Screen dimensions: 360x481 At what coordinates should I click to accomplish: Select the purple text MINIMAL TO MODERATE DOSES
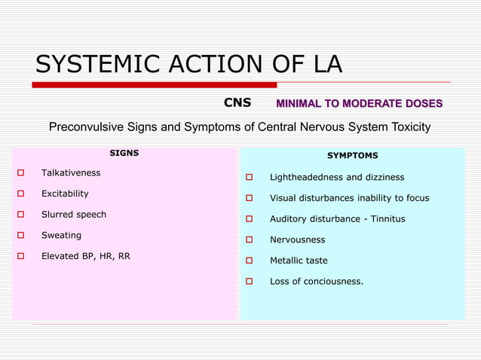(359, 103)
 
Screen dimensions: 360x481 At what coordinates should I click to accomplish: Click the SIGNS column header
(124, 153)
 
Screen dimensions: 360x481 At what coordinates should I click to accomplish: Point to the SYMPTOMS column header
(352, 155)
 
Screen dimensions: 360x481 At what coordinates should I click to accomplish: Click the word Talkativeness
(71, 173)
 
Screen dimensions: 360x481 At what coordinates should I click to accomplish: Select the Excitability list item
(65, 194)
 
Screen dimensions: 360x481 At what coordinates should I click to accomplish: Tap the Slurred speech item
(74, 215)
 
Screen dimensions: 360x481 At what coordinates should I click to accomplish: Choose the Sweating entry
(61, 235)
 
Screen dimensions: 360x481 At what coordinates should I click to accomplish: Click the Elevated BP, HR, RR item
(85, 256)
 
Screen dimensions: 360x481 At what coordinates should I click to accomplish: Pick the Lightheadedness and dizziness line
(337, 178)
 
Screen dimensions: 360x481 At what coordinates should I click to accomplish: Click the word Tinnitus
(386, 219)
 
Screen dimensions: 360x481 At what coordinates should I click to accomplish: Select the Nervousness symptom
(297, 239)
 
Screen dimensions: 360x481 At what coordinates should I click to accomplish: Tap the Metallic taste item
(299, 261)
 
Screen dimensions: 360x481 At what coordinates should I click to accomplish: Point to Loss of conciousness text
(317, 282)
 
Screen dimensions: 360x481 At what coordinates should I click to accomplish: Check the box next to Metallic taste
(250, 261)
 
